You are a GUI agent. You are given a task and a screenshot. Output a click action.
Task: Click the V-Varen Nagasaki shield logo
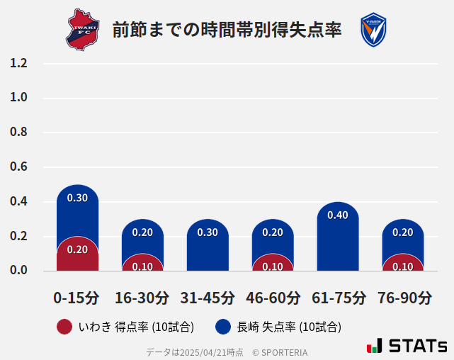(x=373, y=30)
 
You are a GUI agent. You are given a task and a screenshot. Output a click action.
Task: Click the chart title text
(x=227, y=30)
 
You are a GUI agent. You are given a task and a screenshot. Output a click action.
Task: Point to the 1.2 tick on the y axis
(x=19, y=63)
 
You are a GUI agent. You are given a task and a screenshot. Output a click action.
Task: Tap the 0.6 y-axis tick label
(x=19, y=167)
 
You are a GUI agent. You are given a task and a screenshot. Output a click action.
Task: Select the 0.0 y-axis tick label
(x=19, y=271)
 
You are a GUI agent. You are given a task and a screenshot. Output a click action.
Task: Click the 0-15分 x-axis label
(x=76, y=298)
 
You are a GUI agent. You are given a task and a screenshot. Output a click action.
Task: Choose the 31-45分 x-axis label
(x=207, y=298)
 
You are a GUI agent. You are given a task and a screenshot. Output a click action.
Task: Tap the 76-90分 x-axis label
(x=404, y=298)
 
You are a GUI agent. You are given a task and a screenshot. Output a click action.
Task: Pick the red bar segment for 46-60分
(x=273, y=264)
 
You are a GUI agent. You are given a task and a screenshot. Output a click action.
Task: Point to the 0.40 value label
(x=338, y=215)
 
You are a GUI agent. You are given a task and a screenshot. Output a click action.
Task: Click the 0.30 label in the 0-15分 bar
(x=77, y=198)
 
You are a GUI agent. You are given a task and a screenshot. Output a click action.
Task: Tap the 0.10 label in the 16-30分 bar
(x=142, y=266)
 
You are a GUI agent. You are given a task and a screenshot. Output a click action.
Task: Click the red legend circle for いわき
(x=64, y=327)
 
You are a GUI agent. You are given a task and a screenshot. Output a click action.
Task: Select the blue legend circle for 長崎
(x=223, y=327)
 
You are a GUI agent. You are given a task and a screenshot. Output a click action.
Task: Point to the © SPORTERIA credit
(x=280, y=352)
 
